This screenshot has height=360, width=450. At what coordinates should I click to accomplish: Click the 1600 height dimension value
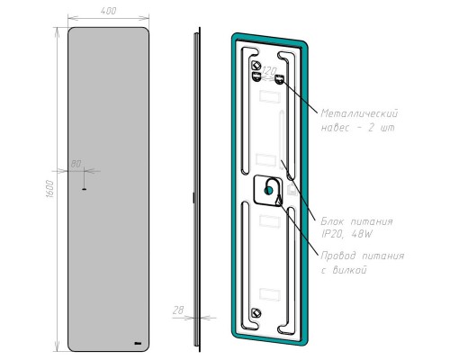coord(50,189)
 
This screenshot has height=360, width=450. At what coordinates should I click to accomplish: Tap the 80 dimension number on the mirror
coord(76,163)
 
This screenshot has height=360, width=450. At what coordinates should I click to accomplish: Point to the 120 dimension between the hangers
coord(267,70)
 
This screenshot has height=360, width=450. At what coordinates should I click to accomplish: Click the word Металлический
coord(359,114)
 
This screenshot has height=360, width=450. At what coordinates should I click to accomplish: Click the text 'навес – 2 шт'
coord(357,128)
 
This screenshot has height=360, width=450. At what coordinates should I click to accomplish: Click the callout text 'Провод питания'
coord(362,256)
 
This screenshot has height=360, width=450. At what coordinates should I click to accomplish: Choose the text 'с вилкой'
coord(343,270)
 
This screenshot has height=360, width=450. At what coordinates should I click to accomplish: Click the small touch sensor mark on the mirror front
coord(83,189)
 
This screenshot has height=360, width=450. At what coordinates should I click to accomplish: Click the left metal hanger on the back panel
coord(255,67)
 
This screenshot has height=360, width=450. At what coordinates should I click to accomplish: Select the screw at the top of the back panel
coord(255,67)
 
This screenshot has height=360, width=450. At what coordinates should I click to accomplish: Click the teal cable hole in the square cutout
coord(269,190)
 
